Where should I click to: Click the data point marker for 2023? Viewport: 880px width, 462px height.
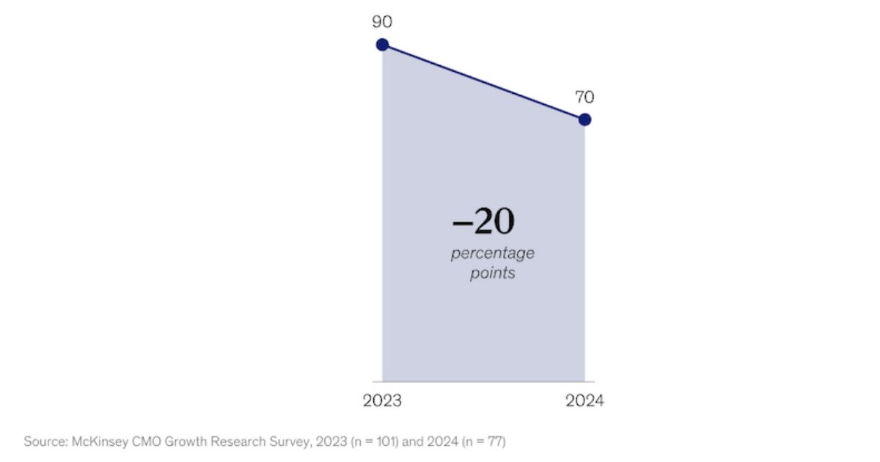[382, 45]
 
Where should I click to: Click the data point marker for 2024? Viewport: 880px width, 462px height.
[584, 120]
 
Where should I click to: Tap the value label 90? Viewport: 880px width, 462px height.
[382, 22]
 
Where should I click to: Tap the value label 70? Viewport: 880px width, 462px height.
[584, 97]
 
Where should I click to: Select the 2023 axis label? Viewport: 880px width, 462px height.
[382, 401]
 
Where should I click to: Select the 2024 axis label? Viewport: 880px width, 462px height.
[584, 401]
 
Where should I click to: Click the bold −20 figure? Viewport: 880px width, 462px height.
[484, 221]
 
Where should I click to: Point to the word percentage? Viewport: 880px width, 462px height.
[492, 254]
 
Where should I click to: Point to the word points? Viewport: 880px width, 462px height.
[492, 274]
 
